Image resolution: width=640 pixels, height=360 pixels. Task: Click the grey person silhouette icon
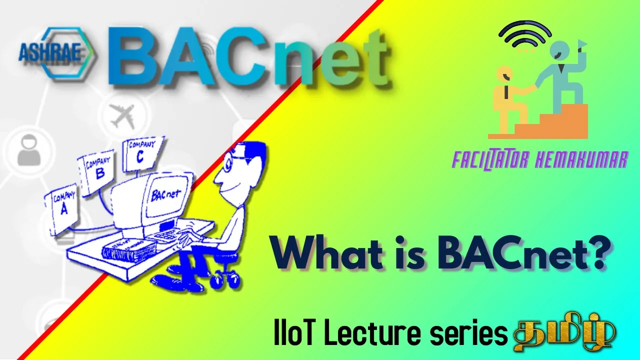[29, 151]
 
